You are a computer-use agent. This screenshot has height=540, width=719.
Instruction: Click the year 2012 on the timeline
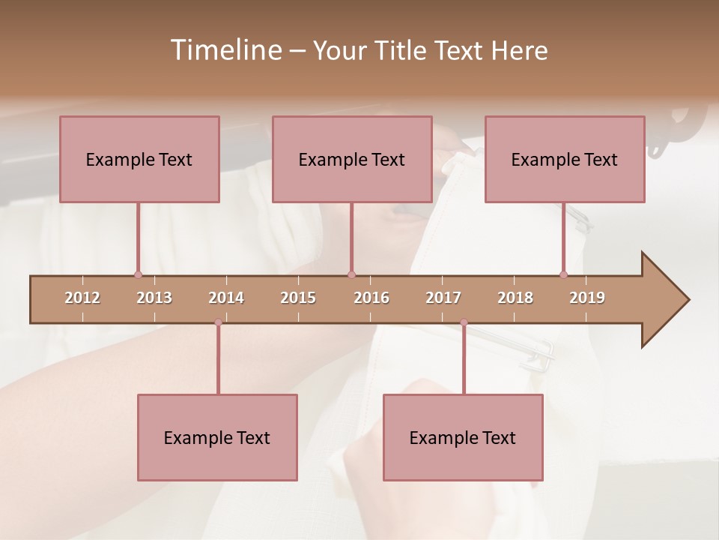pos(82,298)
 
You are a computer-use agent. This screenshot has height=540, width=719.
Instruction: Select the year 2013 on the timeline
pos(154,298)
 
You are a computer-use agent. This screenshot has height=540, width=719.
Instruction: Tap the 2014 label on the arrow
pos(226,298)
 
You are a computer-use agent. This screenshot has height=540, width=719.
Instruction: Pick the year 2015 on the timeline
pos(298,298)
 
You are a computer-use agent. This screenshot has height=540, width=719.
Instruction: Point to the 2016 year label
pos(371,298)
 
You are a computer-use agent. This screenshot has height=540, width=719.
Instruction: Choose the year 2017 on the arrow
pos(443,298)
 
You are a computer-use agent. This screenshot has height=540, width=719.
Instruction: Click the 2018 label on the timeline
pos(515,298)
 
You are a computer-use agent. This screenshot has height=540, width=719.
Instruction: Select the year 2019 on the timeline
pos(587,298)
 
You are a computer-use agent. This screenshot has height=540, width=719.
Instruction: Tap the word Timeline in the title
pos(225,50)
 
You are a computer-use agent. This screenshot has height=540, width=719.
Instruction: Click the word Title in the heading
pos(399,50)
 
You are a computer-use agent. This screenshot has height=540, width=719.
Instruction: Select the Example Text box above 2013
pos(139,159)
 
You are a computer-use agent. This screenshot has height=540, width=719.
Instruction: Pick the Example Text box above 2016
pos(352,159)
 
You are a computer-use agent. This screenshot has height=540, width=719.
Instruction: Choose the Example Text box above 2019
pos(565,159)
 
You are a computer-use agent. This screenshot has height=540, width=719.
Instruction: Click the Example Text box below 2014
pos(217,437)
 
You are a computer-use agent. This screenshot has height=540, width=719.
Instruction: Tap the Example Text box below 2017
pos(463,437)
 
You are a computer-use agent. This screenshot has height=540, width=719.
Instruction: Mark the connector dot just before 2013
pos(138,274)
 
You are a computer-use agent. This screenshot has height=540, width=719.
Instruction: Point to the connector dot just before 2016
pos(351,274)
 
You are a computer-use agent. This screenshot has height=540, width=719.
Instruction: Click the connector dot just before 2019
pos(563,274)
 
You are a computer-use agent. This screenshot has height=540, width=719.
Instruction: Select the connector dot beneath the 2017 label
pos(464,322)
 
